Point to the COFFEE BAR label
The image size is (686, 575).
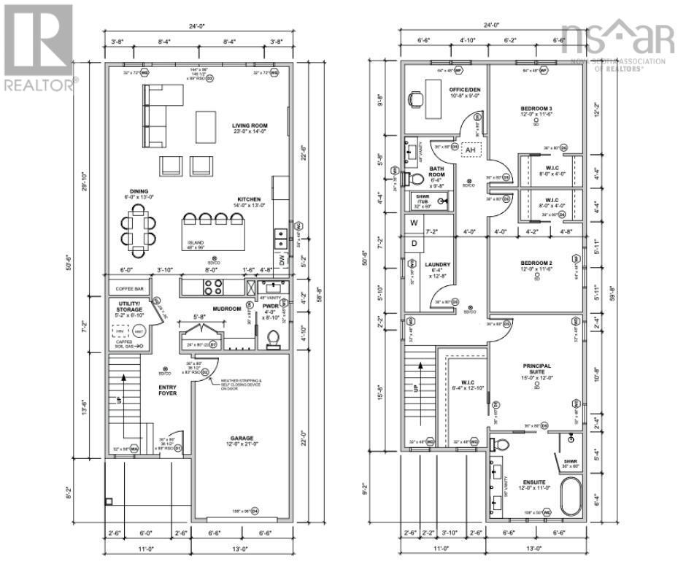point(130,289)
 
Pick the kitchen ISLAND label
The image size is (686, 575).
point(195,243)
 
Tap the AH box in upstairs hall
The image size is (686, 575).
point(471,150)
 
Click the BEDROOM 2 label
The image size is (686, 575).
point(536,266)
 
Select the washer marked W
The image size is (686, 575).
point(413,223)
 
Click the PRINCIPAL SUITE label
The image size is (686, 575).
point(536,370)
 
